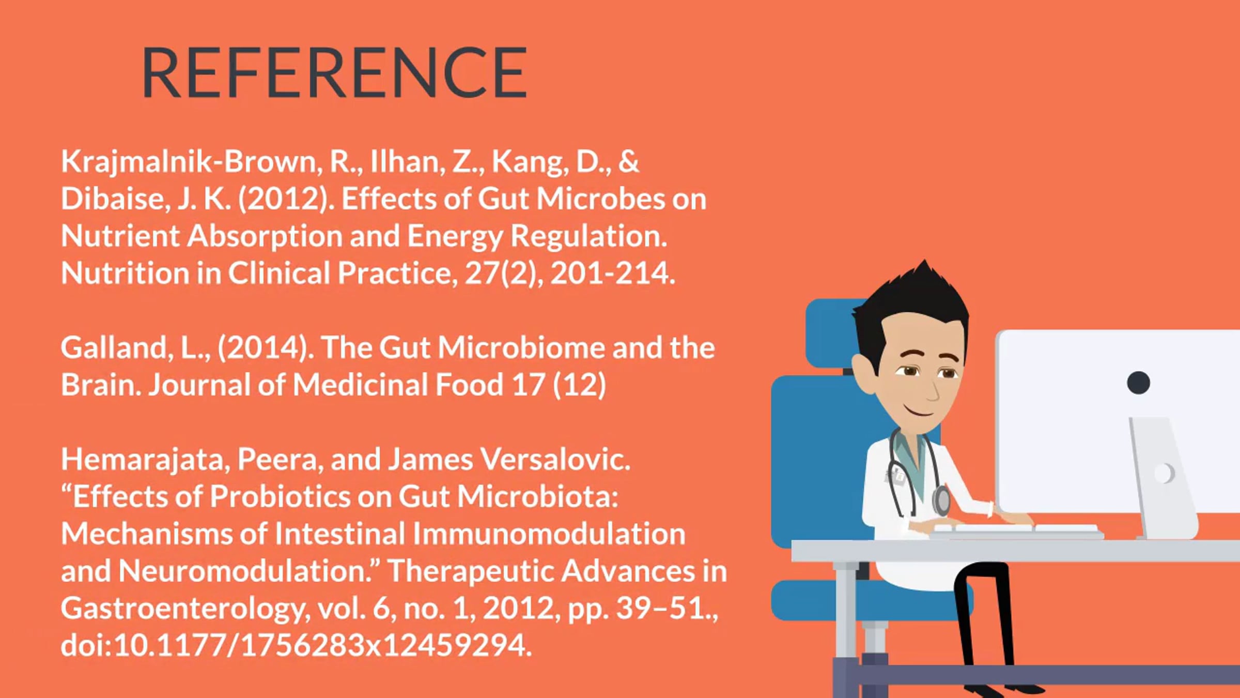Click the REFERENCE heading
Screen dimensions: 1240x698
[334, 72]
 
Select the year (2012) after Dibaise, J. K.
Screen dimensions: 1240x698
[286, 199]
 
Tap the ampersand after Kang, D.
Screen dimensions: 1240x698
[629, 161]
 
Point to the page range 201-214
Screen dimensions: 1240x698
[612, 273]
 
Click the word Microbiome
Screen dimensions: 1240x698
[521, 347]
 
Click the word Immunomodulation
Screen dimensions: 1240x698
[549, 534]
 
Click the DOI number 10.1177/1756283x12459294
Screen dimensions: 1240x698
[322, 646]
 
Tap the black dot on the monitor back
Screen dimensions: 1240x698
[1138, 383]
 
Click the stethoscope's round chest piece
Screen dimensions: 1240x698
[941, 500]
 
